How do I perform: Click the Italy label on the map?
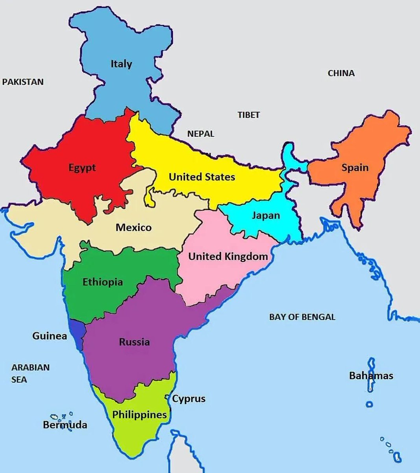(121, 64)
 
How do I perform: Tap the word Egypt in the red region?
(82, 168)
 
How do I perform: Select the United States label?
(202, 177)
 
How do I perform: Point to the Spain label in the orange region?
(355, 168)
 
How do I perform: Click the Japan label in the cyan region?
(266, 216)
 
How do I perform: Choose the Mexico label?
(133, 227)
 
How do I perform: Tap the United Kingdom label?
(228, 257)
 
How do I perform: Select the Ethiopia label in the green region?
(102, 282)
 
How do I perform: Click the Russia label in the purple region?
(134, 342)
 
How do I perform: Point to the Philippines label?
(139, 415)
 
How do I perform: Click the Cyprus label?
(189, 399)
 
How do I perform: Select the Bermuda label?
(65, 425)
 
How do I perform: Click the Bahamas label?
(371, 376)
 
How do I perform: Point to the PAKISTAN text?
(23, 82)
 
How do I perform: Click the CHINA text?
(341, 73)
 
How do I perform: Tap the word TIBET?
(248, 115)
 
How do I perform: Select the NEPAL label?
(201, 134)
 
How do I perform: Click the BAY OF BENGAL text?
(302, 317)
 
